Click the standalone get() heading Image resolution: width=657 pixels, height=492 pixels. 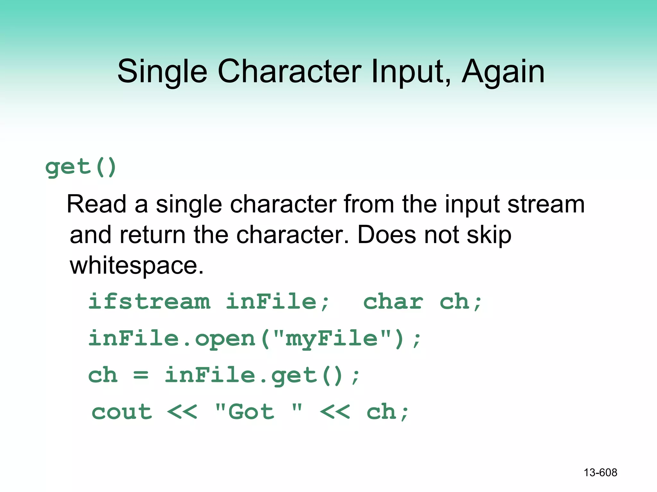tap(81, 167)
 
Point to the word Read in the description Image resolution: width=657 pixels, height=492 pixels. tap(96, 204)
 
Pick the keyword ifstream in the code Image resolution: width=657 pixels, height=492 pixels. tap(149, 302)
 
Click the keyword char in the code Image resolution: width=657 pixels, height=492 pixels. tap(393, 302)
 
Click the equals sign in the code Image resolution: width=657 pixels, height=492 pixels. tap(141, 375)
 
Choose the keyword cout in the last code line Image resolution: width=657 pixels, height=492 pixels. tap(122, 412)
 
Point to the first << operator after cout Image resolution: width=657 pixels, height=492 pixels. tap(182, 412)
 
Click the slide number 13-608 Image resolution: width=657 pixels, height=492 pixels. tap(600, 472)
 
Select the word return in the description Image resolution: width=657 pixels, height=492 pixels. tap(152, 235)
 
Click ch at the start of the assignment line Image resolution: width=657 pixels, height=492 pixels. tap(103, 375)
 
